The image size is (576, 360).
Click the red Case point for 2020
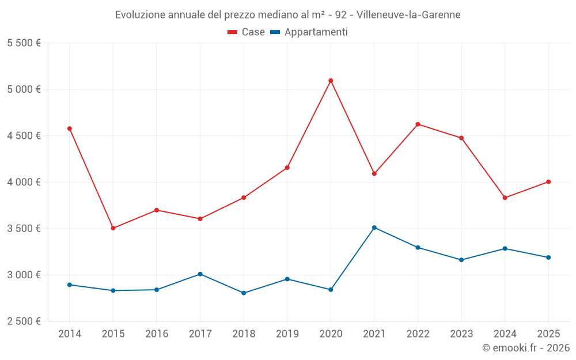(x=331, y=81)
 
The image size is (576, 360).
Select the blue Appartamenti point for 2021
(x=374, y=228)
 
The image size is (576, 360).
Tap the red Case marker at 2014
(x=70, y=128)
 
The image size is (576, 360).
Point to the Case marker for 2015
(x=113, y=228)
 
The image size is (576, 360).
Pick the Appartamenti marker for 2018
(x=244, y=293)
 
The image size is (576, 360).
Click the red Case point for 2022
(x=418, y=124)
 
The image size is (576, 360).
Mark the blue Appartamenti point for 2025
(x=548, y=257)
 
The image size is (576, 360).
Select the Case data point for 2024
(x=505, y=198)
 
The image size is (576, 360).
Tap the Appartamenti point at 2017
(x=200, y=274)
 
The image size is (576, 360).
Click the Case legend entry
(x=247, y=32)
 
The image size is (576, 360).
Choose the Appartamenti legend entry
(x=309, y=32)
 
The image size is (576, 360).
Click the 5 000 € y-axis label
(x=24, y=89)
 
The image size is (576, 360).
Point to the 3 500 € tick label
(x=24, y=228)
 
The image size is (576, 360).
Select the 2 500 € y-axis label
(x=24, y=321)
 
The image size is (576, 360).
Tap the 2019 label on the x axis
(x=287, y=334)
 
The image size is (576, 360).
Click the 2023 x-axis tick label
(x=461, y=334)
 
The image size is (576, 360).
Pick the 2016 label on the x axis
(x=157, y=334)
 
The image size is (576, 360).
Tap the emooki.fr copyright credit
(x=526, y=348)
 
